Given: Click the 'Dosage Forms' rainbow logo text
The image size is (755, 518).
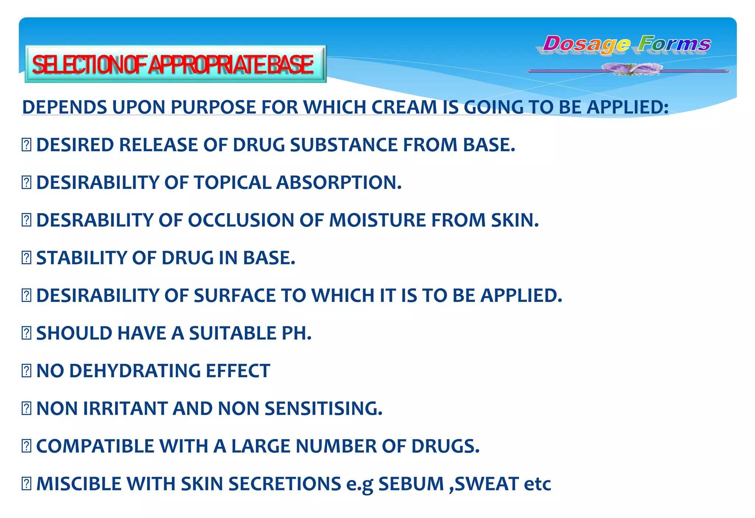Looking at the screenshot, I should (627, 44).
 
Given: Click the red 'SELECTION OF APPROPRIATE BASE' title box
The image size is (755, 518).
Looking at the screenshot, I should (175, 64).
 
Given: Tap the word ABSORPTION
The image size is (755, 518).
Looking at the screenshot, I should (339, 182).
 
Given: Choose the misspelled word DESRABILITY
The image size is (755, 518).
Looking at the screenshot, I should (95, 220).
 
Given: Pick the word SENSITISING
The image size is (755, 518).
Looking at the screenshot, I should (323, 409).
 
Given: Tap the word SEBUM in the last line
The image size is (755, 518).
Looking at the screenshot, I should (411, 484).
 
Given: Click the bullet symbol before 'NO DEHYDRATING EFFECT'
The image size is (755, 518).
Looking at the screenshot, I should (27, 371).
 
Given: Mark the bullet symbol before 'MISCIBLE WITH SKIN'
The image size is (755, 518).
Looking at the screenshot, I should (27, 484).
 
